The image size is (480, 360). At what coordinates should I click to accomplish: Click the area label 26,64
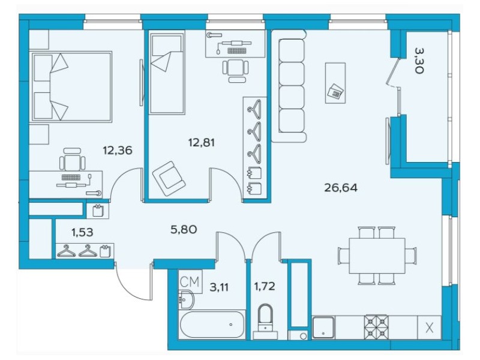point(341,187)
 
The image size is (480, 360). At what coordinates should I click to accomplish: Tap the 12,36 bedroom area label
point(118,151)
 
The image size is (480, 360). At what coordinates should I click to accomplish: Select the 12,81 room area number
point(201,142)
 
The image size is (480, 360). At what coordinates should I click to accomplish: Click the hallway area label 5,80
point(184,229)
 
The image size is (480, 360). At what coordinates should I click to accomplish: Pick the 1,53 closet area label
point(82,232)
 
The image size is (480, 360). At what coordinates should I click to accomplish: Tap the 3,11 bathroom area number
point(219,287)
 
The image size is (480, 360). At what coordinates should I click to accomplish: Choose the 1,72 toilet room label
point(265,287)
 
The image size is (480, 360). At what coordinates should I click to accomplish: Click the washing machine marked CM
point(190,281)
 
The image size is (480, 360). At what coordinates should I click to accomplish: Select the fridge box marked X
point(430,328)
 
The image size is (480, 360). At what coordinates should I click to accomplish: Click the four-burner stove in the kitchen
point(376,328)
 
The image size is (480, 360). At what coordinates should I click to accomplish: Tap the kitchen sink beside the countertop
point(323,328)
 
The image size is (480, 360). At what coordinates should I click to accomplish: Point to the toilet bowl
point(265,318)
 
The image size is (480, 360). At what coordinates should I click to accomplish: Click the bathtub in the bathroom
point(212,325)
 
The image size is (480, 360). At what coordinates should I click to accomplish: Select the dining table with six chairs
point(377,256)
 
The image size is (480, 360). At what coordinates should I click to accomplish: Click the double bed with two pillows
point(71,87)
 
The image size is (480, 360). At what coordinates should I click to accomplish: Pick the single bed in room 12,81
point(167,72)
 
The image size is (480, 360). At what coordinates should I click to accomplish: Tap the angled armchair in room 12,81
point(169,179)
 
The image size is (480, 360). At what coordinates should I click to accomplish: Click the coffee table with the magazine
point(335,83)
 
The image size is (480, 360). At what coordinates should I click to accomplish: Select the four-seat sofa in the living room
point(289,86)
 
